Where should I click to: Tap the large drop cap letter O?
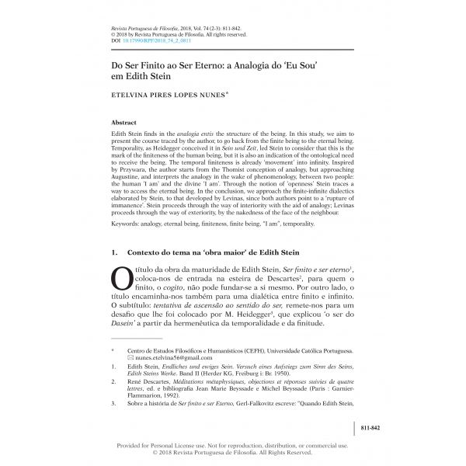[x=123, y=278]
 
